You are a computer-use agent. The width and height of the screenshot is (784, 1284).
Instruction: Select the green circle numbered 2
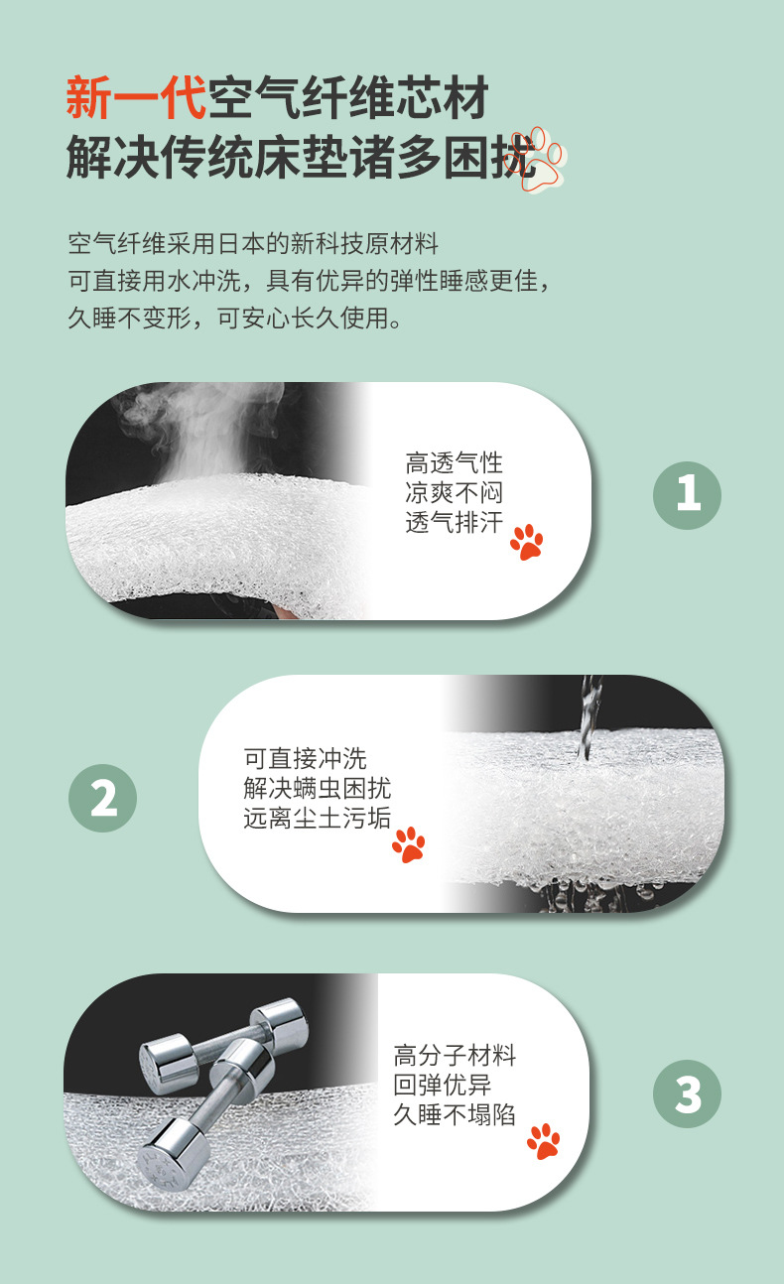click(x=102, y=797)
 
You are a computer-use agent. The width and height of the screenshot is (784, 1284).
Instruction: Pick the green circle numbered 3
click(x=687, y=1095)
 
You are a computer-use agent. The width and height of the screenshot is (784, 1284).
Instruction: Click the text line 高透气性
click(x=454, y=463)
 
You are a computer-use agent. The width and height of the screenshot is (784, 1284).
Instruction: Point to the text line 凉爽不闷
click(x=454, y=493)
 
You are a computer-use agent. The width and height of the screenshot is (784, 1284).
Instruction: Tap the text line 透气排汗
click(x=454, y=523)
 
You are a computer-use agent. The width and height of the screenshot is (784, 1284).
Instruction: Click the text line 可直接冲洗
click(x=305, y=759)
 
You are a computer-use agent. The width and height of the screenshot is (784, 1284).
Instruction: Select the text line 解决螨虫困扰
click(x=317, y=789)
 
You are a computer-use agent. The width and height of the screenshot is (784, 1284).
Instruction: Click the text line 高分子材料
click(x=455, y=1055)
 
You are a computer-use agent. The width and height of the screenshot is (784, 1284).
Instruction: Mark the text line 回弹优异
click(x=442, y=1085)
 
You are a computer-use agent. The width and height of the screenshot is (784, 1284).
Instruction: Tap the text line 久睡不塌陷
click(x=455, y=1114)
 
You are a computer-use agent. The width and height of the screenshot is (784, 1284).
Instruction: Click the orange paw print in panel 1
click(x=527, y=542)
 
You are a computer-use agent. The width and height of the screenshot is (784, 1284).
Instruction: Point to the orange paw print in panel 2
click(x=408, y=843)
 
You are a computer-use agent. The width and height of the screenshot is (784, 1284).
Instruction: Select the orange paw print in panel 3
click(x=543, y=1141)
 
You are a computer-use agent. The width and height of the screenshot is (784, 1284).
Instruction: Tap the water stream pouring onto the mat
click(x=589, y=714)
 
